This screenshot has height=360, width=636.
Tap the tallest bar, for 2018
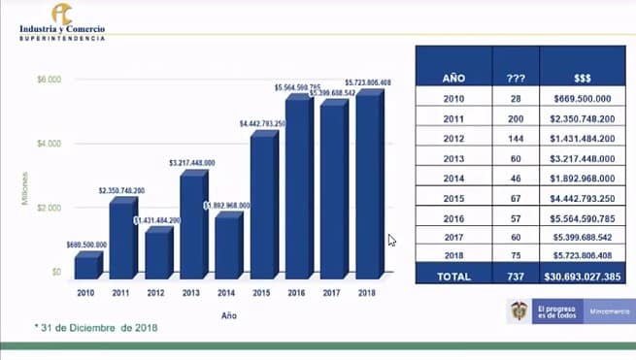pos(367,185)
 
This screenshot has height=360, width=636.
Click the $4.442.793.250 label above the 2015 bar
pos(263,123)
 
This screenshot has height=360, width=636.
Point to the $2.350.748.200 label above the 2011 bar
pos(122,191)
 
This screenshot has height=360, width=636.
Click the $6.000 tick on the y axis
pos(49,79)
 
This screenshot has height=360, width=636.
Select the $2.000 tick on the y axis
pos(49,208)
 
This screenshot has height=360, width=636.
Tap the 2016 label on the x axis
pos(298,292)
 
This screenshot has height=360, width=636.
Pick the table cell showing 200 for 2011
pos(518,118)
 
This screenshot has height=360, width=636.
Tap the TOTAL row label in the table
pos(453,277)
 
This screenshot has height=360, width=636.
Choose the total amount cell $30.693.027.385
pos(585,277)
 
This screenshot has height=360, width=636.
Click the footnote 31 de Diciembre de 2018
pos(95,328)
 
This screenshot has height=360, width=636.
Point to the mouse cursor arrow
pos(392,240)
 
